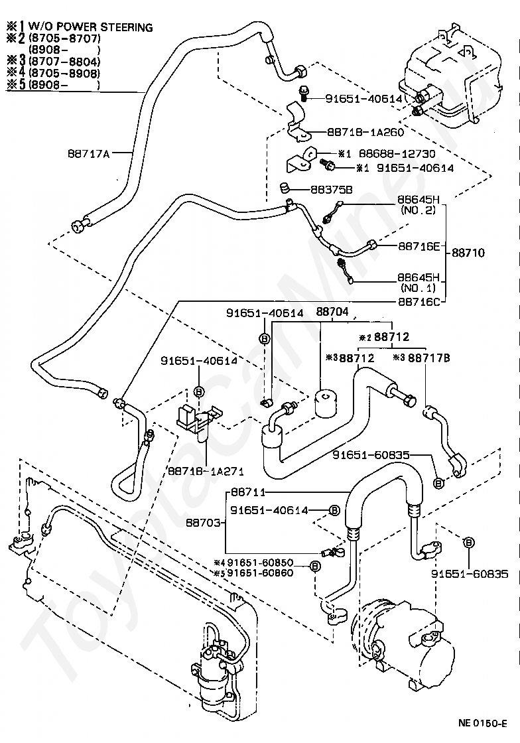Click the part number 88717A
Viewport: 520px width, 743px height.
coord(89,153)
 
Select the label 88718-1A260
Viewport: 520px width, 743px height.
coord(365,132)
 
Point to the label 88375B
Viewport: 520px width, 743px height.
coord(332,190)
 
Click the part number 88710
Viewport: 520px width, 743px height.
coord(468,253)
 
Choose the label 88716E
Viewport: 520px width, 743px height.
coord(419,246)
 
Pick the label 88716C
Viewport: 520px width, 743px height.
coord(419,301)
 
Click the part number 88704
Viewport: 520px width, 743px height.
coord(332,312)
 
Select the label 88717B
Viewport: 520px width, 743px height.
coord(429,358)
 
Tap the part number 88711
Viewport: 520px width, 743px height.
coord(248,493)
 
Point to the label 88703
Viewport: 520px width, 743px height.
coord(203,523)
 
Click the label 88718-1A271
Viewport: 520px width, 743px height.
coord(206,472)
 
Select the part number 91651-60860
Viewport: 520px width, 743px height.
coord(261,573)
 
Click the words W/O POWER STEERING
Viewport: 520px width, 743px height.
coord(90,27)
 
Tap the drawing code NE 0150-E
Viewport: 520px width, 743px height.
coord(483,723)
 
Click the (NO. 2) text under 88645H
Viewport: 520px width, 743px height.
coord(418,210)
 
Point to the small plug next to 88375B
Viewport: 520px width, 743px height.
coord(285,188)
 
